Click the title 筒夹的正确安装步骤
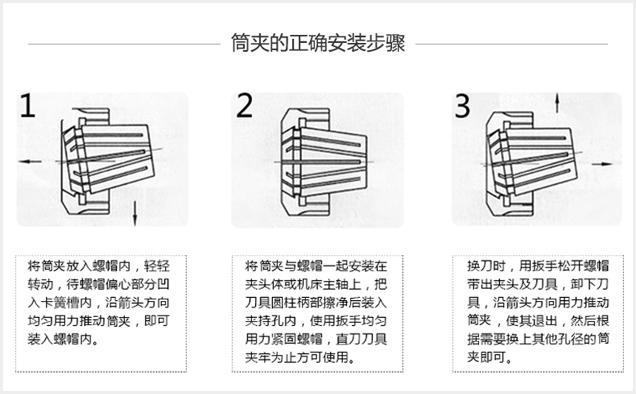click(318, 43)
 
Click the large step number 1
click(27, 106)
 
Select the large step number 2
click(244, 106)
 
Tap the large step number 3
click(462, 106)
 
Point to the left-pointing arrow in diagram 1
click(30, 161)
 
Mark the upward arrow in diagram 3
click(558, 103)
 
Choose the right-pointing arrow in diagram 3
click(602, 163)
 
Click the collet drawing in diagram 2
click(324, 161)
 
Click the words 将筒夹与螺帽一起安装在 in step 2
click(317, 266)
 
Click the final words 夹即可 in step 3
click(487, 357)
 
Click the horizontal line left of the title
click(124, 44)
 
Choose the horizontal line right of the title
click(512, 44)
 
